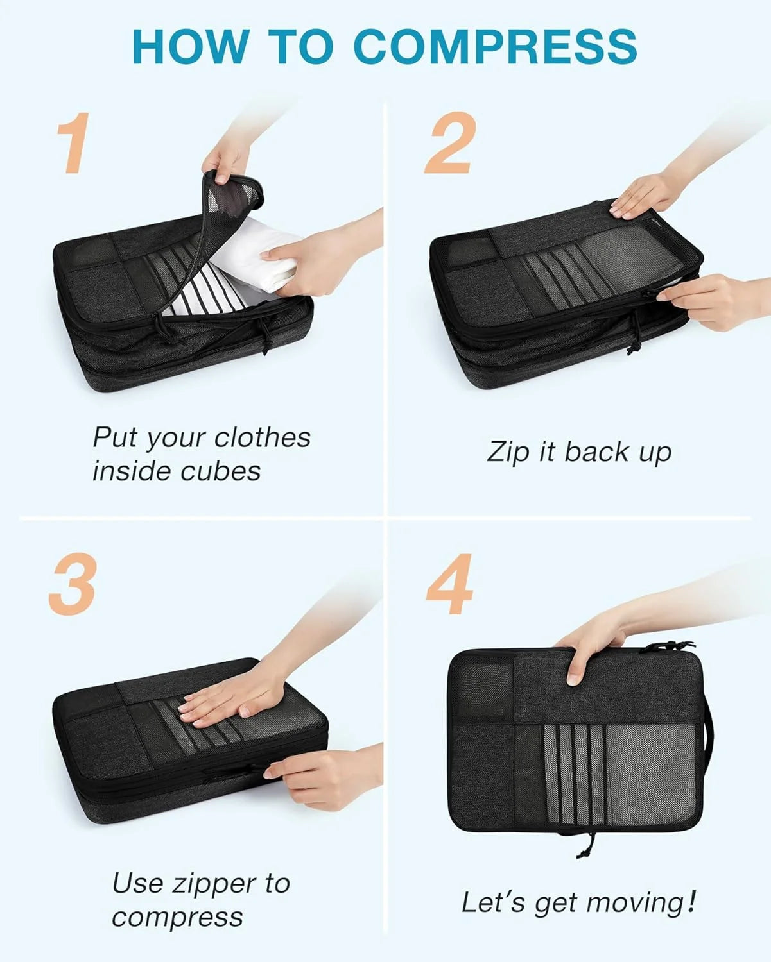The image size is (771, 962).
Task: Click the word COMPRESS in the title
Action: tap(496, 46)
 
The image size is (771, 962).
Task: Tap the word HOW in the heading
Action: tap(190, 46)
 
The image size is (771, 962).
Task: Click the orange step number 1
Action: tap(73, 142)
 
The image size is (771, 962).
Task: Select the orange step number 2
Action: tap(450, 142)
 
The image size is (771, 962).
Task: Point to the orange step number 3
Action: tap(73, 584)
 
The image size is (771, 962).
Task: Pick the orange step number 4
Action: tap(449, 584)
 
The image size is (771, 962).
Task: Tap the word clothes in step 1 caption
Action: tap(262, 437)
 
